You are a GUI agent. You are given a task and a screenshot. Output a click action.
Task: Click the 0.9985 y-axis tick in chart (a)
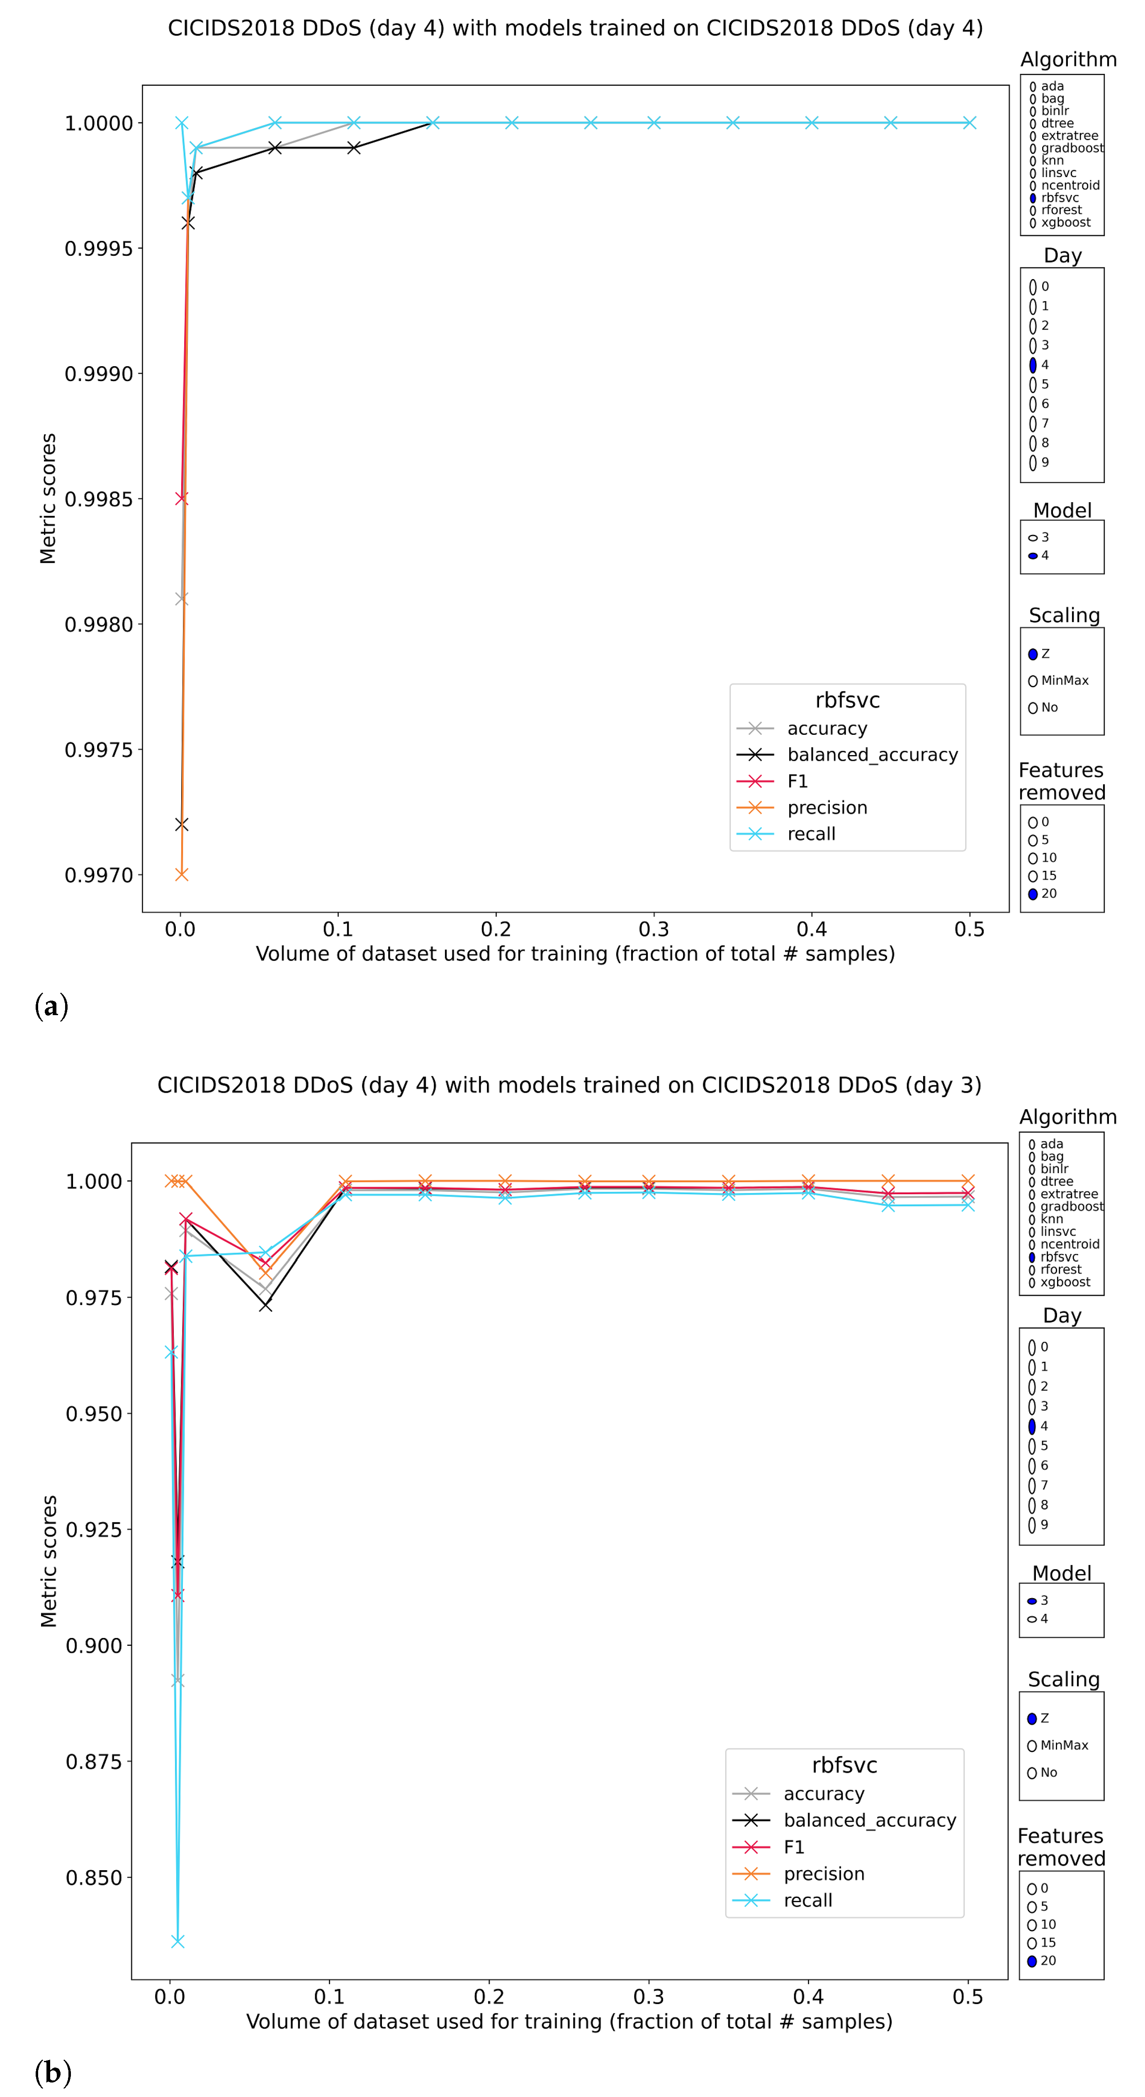pyautogui.click(x=99, y=499)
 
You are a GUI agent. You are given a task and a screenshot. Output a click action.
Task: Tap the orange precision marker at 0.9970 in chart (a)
pyautogui.click(x=182, y=874)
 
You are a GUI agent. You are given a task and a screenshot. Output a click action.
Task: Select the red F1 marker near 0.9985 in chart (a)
pyautogui.click(x=182, y=498)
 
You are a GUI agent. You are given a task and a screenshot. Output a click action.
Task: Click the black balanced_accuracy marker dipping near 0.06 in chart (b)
pyautogui.click(x=265, y=1305)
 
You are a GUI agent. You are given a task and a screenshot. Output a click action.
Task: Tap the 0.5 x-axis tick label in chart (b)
pyautogui.click(x=968, y=1997)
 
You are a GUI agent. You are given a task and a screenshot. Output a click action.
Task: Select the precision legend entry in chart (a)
pyautogui.click(x=827, y=807)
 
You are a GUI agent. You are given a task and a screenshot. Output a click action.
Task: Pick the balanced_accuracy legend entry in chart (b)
pyautogui.click(x=869, y=1820)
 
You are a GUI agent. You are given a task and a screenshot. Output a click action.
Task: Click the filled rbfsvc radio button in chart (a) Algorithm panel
pyautogui.click(x=1033, y=198)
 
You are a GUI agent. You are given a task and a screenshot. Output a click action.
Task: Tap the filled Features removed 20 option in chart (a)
pyautogui.click(x=1033, y=894)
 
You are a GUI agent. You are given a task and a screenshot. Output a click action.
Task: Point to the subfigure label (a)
pyautogui.click(x=51, y=1006)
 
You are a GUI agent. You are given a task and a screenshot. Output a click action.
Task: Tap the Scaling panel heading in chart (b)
pyautogui.click(x=1063, y=1679)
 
